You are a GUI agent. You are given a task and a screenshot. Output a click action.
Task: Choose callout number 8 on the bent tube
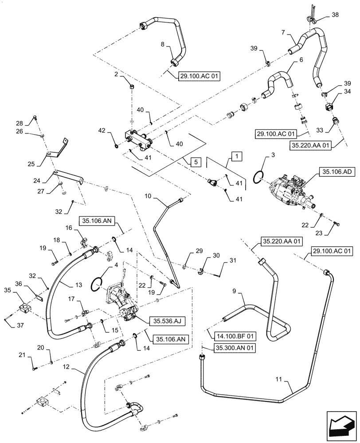162,45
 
